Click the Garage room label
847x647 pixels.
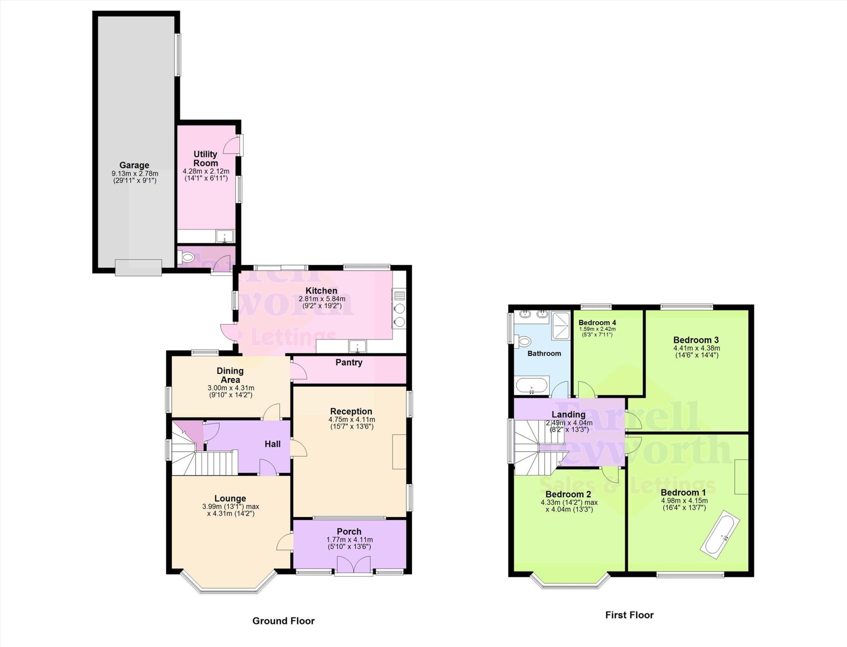(x=134, y=165)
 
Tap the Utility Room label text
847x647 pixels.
(x=206, y=159)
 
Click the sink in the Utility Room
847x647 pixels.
(x=225, y=237)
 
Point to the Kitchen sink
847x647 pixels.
(x=357, y=346)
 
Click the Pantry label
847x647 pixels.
(x=349, y=363)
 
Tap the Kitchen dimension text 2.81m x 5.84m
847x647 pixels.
(x=322, y=299)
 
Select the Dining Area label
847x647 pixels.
(x=230, y=375)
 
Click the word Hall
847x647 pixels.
(x=273, y=444)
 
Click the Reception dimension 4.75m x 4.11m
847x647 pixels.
(x=352, y=420)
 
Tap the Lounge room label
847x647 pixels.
(x=230, y=498)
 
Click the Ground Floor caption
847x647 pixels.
(x=283, y=621)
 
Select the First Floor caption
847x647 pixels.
(x=629, y=615)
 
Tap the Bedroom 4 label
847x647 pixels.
(x=597, y=322)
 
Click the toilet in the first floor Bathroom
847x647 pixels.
(x=524, y=342)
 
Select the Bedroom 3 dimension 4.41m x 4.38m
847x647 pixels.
(x=696, y=348)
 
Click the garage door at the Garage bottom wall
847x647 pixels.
(x=138, y=267)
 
